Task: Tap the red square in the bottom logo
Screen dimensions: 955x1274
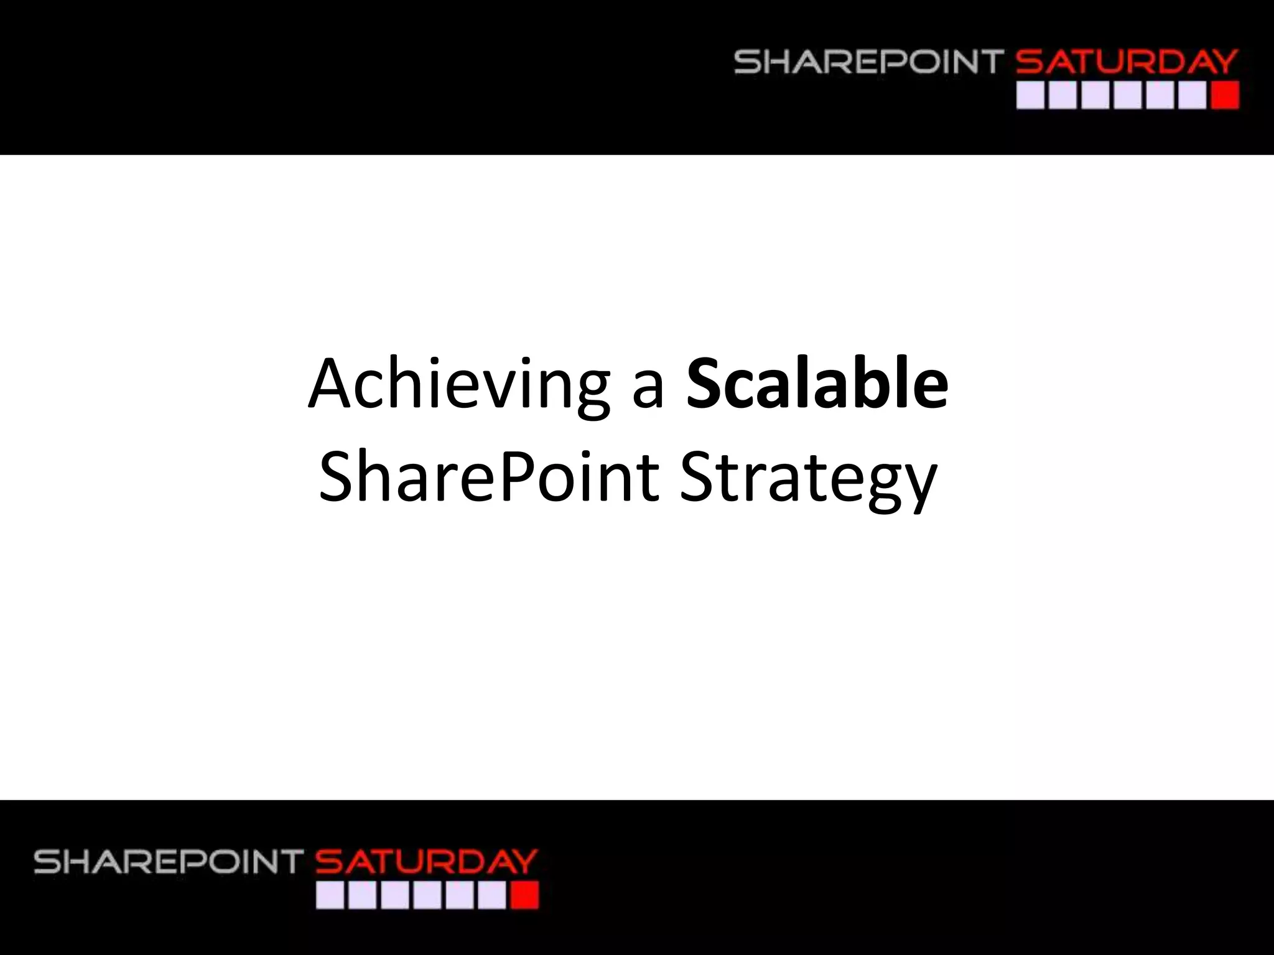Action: coord(524,896)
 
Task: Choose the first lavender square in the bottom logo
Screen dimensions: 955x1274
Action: coord(330,896)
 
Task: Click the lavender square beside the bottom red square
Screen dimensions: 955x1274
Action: coord(492,896)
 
